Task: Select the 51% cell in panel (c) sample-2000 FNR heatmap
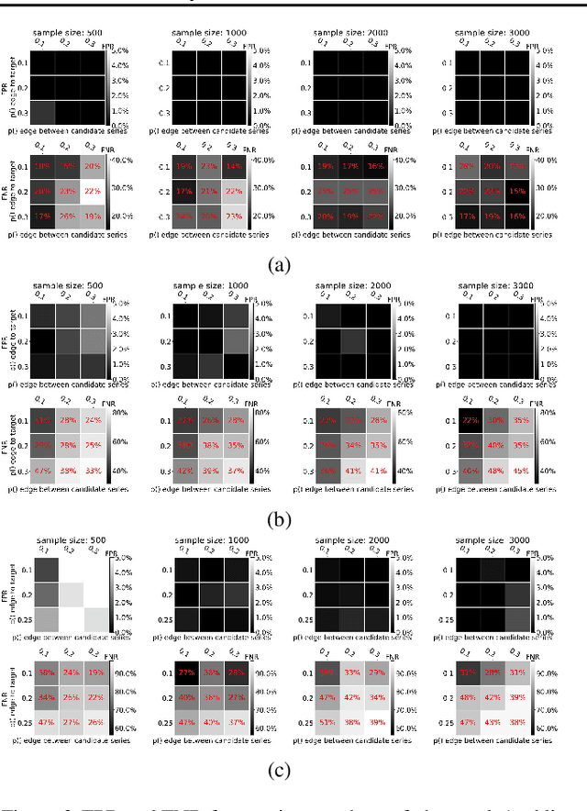point(325,722)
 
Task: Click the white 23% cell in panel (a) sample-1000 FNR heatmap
point(233,217)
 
